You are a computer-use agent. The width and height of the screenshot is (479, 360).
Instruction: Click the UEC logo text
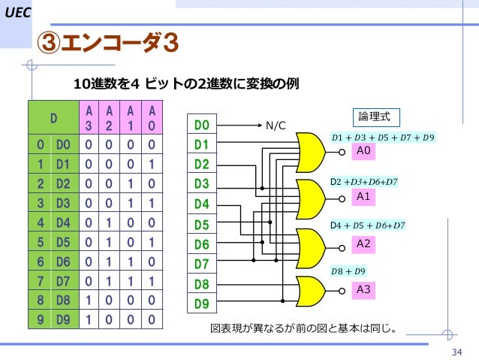[x=16, y=14]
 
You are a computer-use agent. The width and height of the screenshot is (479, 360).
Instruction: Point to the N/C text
[x=276, y=125]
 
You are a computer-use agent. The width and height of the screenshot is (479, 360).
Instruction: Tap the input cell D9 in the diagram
[x=202, y=304]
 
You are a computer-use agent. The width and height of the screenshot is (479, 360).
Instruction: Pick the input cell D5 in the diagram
[x=202, y=225]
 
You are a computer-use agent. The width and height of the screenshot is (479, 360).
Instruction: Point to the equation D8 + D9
[x=350, y=270]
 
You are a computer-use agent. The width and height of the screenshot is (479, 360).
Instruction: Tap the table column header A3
[x=89, y=117]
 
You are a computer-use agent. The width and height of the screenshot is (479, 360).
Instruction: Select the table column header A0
[x=152, y=117]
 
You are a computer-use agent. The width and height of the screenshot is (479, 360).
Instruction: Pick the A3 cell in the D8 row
[x=89, y=300]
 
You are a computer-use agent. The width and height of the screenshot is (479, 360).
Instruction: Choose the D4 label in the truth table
[x=64, y=222]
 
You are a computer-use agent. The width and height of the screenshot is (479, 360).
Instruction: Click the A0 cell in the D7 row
[x=152, y=280]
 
